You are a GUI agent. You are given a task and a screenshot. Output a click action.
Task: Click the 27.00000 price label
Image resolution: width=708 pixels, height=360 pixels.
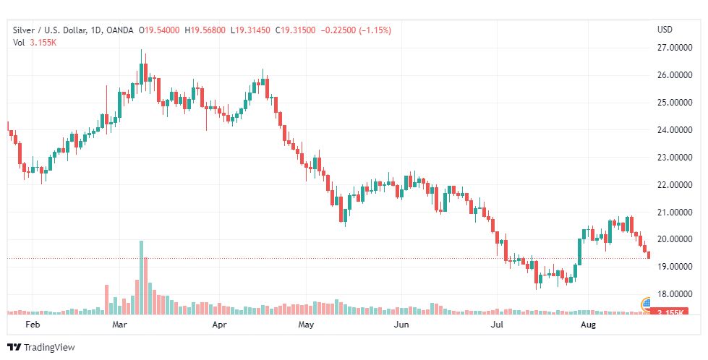(x=672, y=48)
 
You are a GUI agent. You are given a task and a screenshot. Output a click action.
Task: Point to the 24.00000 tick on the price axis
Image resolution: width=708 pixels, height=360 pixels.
(x=672, y=130)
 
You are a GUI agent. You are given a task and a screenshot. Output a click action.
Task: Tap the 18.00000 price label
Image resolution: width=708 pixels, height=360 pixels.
(x=672, y=294)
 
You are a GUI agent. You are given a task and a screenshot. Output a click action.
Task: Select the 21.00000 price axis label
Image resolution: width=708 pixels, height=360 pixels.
(x=672, y=213)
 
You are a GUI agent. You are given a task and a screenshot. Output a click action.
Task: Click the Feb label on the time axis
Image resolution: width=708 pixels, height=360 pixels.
(x=32, y=325)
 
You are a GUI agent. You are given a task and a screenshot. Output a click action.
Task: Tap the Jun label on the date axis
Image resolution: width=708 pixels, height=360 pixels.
(x=401, y=325)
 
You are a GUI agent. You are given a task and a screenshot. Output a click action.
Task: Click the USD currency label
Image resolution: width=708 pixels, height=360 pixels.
(x=665, y=30)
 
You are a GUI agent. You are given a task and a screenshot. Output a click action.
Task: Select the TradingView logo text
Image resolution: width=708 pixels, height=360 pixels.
(x=49, y=348)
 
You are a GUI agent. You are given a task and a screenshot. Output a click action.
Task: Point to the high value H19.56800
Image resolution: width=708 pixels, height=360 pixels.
(x=205, y=30)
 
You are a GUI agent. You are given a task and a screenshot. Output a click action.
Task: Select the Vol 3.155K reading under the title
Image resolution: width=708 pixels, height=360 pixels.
(x=35, y=43)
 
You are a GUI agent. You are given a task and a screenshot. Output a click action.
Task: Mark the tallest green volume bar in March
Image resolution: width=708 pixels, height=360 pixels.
(x=141, y=277)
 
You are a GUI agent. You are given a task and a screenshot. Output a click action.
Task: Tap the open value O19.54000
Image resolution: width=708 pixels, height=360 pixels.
(x=161, y=30)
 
